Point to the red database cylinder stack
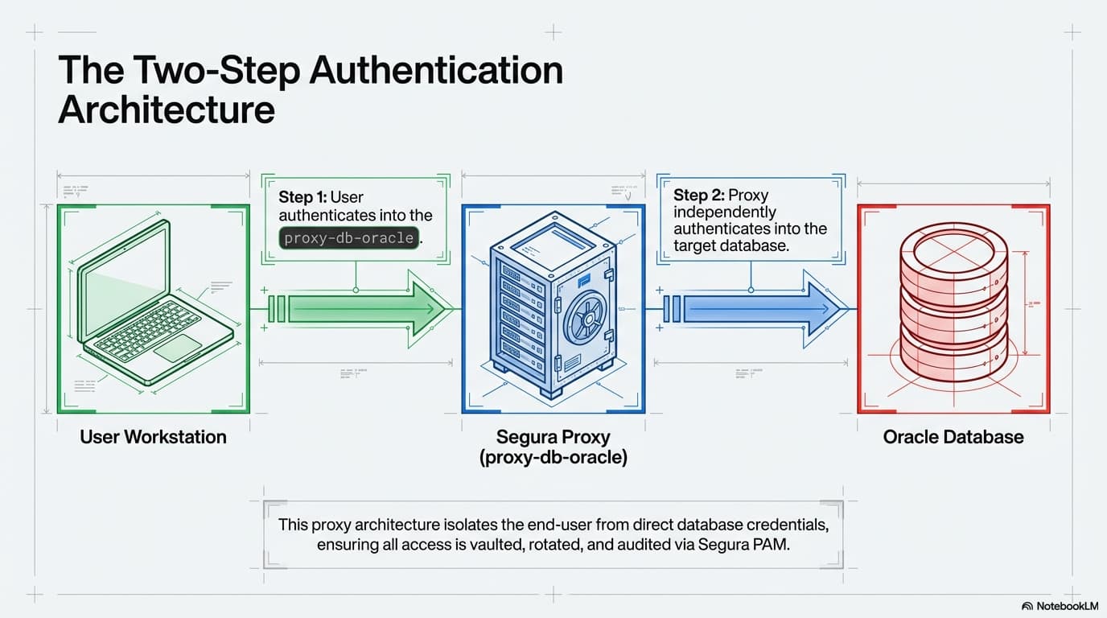(x=953, y=310)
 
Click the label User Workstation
(x=154, y=437)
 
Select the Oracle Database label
(x=953, y=437)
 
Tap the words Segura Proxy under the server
(x=553, y=437)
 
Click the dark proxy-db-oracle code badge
(x=349, y=237)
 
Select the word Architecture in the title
(x=167, y=109)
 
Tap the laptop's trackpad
(x=177, y=348)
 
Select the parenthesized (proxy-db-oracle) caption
(x=553, y=458)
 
